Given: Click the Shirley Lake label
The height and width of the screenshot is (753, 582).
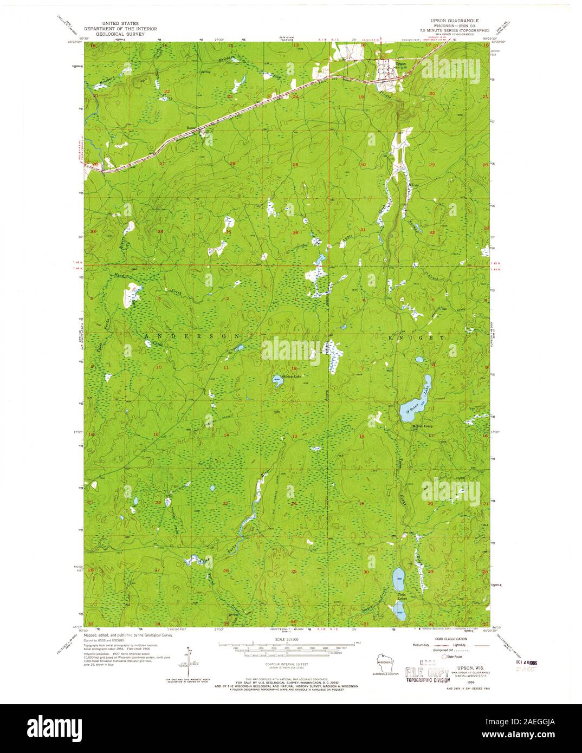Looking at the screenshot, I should point(290,377).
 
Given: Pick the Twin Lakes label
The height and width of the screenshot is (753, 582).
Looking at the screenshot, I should point(402,598).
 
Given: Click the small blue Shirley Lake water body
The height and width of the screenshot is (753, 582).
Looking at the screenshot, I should point(277,379).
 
